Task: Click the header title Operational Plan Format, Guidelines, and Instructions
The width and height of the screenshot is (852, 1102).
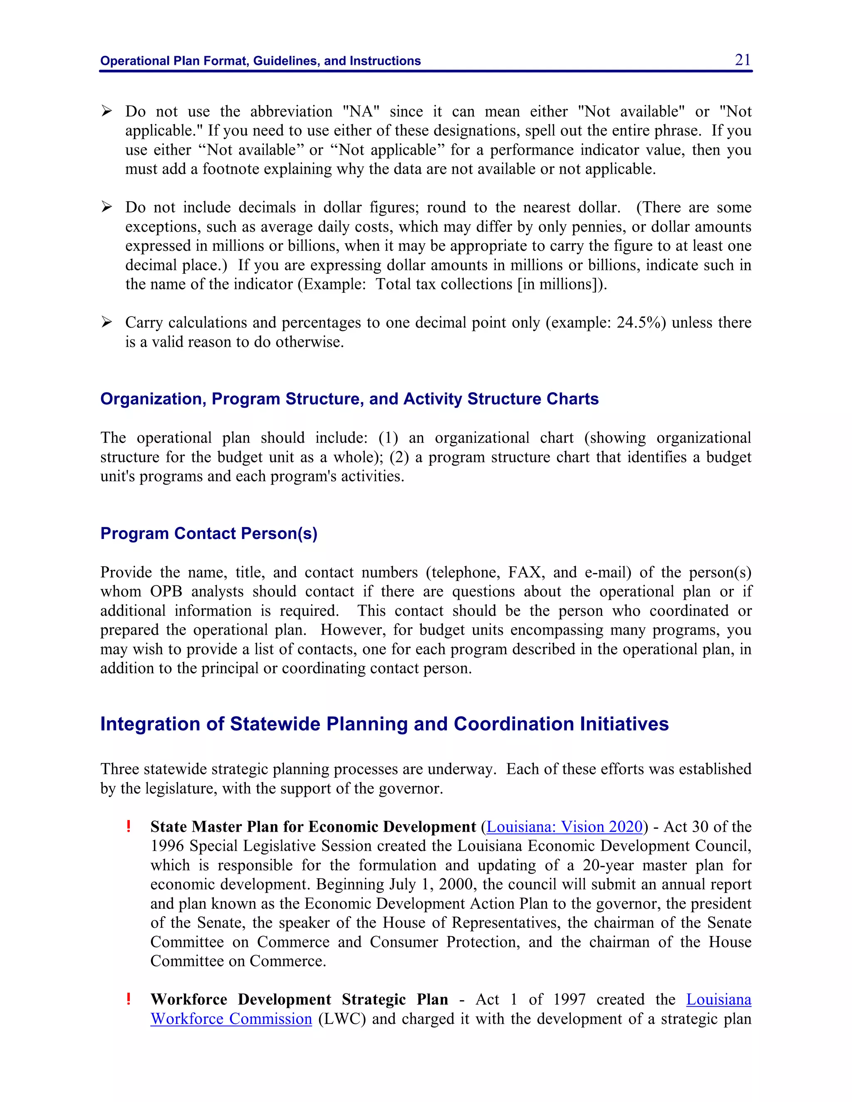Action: [260, 61]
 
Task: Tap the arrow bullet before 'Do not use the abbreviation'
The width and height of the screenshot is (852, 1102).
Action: [106, 111]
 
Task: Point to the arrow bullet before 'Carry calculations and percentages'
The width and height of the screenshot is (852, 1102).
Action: [106, 322]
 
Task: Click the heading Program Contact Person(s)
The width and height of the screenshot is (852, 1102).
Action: [208, 534]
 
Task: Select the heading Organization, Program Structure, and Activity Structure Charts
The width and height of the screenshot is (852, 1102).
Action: [349, 399]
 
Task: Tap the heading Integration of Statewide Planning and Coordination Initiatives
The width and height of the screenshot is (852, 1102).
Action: [384, 724]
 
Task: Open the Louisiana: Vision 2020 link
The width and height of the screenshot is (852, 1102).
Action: [564, 827]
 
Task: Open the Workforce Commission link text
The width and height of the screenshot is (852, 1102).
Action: [231, 1019]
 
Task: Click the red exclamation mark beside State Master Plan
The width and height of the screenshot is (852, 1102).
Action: [129, 827]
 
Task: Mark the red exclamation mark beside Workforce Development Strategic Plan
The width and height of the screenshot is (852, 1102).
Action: [129, 999]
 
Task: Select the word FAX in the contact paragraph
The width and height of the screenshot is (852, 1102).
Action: [525, 572]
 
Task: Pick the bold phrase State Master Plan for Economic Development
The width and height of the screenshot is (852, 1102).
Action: [313, 827]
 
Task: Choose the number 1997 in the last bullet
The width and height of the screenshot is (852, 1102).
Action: [570, 1000]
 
